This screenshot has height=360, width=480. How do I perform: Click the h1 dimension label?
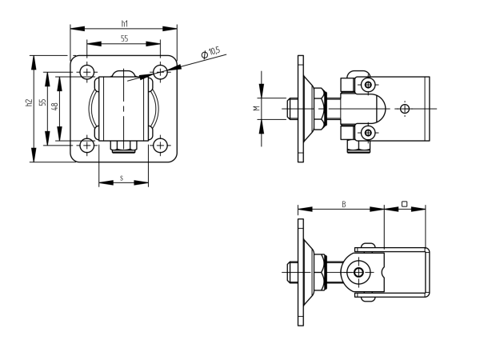[x=124, y=24]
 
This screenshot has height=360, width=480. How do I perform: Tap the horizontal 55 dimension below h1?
[x=124, y=38]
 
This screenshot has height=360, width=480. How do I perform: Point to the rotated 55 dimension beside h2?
[x=43, y=104]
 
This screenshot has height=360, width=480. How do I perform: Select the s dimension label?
[x=122, y=177]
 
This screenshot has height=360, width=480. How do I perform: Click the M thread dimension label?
[x=257, y=107]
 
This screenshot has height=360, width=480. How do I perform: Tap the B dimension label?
[x=343, y=204]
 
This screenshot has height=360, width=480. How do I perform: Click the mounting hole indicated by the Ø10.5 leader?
[x=161, y=72]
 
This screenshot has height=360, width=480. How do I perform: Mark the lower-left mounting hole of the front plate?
[x=87, y=145]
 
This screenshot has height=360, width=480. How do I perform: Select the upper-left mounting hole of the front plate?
[x=87, y=72]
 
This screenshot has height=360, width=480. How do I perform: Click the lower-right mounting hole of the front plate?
[x=161, y=145]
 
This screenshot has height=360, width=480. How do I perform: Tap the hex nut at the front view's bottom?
[x=124, y=146]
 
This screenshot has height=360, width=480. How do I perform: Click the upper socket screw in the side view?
[x=367, y=85]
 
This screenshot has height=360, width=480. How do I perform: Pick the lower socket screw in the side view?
[x=367, y=132]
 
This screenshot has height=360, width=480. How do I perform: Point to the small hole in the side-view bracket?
[x=406, y=108]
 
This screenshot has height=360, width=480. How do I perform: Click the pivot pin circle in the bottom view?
[x=358, y=273]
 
